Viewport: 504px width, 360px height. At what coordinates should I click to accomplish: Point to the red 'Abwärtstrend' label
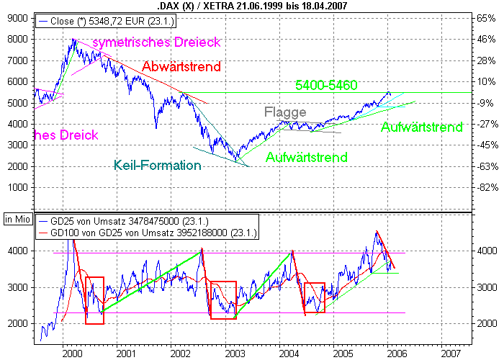pyautogui.click(x=181, y=67)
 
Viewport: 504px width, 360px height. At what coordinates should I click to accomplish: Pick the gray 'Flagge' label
pyautogui.click(x=285, y=112)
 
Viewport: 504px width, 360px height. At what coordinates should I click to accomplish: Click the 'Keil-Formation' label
pyautogui.click(x=157, y=165)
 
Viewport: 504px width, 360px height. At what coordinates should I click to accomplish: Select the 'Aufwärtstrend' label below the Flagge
pyautogui.click(x=307, y=157)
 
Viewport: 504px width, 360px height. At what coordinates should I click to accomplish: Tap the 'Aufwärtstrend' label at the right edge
pyautogui.click(x=421, y=127)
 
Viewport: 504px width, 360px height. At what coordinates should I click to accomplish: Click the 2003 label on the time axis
pyautogui.click(x=235, y=354)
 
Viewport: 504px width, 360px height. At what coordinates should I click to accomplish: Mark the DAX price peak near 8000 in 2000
pyautogui.click(x=73, y=40)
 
